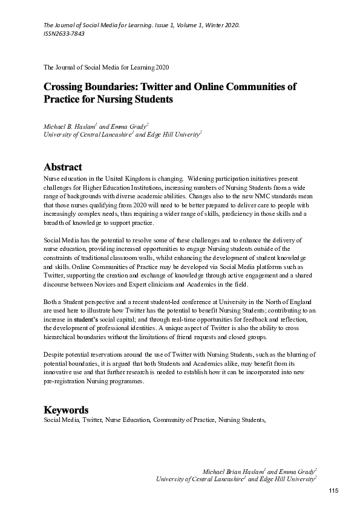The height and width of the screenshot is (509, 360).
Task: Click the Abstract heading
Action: click(x=63, y=167)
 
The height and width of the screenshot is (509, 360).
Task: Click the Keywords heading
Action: click(x=67, y=410)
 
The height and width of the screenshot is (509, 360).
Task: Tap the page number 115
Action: click(x=333, y=490)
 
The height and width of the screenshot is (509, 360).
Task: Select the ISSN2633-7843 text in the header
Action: click(x=64, y=34)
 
